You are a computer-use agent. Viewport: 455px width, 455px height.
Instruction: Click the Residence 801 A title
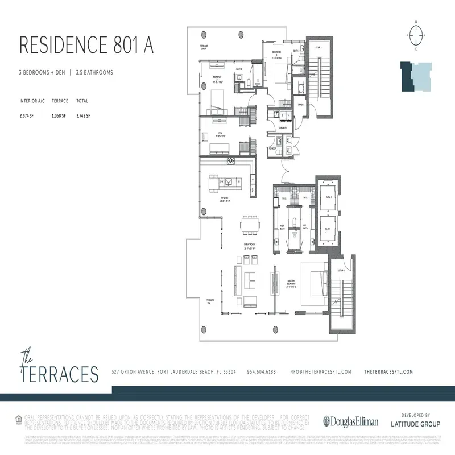86,45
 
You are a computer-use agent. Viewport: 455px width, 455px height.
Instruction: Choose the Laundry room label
283,128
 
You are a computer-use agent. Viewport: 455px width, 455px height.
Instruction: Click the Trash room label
300,105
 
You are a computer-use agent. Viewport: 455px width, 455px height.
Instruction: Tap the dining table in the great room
249,224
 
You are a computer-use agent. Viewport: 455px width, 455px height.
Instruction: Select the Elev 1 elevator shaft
327,198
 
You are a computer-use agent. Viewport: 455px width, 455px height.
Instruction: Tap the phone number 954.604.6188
261,371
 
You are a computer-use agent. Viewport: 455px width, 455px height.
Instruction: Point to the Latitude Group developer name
415,424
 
